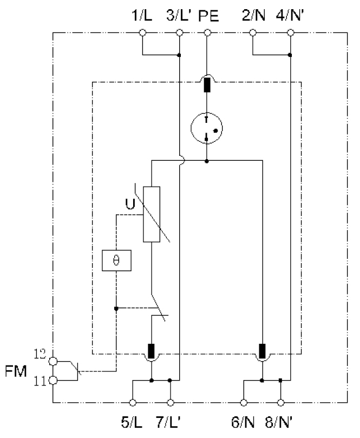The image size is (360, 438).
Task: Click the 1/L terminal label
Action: point(142,16)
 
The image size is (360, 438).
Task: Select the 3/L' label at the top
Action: point(179,16)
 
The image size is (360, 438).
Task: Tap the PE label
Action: point(208,16)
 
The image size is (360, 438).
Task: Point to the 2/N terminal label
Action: point(253,16)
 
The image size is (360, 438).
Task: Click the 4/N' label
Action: point(290,16)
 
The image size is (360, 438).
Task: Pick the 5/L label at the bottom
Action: point(132,422)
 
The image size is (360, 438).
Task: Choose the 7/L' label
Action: point(168,422)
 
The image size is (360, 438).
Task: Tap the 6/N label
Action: point(243,422)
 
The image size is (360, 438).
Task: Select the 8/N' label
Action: point(279,422)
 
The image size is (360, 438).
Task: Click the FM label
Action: point(16,371)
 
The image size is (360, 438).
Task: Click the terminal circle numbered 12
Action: point(53,362)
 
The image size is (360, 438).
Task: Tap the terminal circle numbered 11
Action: point(53,381)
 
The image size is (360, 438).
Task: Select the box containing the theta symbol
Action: point(116,260)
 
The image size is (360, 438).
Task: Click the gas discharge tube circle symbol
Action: point(207,128)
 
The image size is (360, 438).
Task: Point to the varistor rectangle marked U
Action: point(152,214)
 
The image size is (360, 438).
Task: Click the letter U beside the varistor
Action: point(130,204)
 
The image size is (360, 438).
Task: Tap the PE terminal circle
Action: point(207,33)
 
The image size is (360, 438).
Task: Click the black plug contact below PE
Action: point(207,85)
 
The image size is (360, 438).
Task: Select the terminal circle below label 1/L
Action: point(142,33)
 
